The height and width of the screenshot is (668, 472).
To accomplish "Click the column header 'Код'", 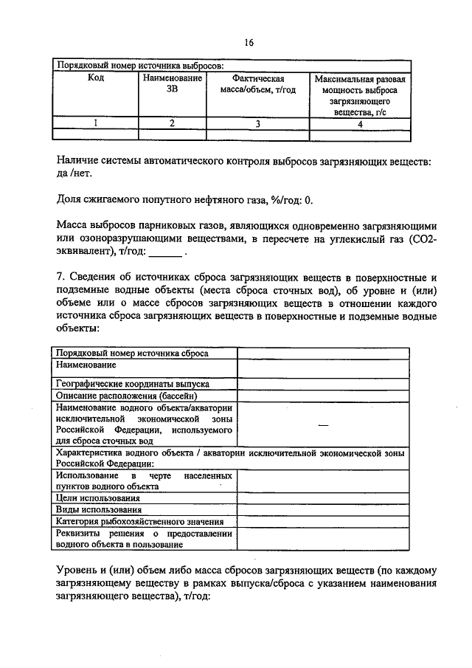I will [x=95, y=78].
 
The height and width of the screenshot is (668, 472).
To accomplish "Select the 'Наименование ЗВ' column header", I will [x=171, y=83].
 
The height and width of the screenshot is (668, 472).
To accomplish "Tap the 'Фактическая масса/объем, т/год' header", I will [x=258, y=83].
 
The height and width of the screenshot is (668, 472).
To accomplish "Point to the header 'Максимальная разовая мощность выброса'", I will [x=360, y=94].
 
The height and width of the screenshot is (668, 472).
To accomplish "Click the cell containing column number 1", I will [x=95, y=124].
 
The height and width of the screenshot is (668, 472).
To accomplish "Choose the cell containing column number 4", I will [x=360, y=124].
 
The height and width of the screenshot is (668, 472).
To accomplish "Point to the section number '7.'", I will [x=61, y=277].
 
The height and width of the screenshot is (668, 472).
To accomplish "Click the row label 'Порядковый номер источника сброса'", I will [x=132, y=353].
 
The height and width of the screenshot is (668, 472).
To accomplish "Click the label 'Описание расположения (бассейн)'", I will [x=127, y=395].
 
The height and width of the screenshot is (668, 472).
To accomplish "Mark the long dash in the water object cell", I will [x=322, y=424].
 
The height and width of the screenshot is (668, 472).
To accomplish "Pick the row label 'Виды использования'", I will [x=91, y=509].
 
